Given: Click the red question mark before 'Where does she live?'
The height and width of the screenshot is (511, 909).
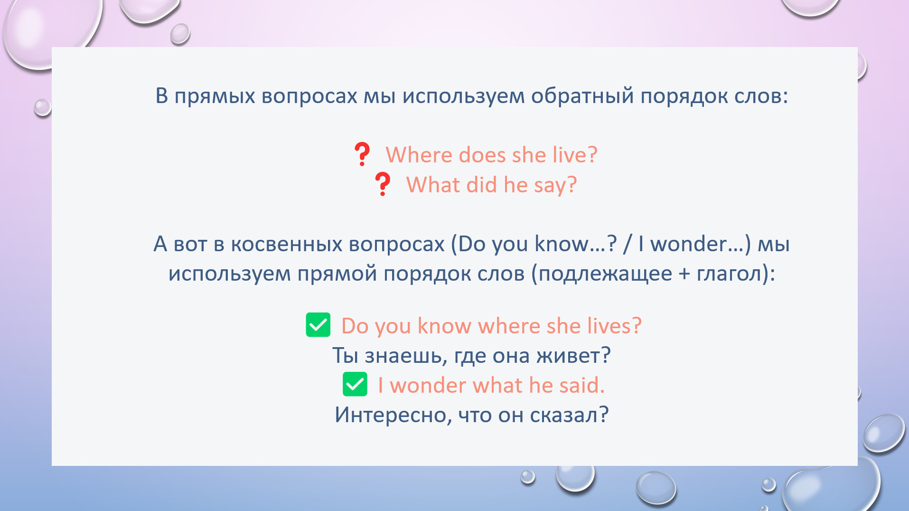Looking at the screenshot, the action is [362, 154].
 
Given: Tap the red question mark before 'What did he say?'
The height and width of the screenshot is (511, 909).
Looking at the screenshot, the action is [383, 184].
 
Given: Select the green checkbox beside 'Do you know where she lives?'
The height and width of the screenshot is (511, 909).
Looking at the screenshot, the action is [318, 325].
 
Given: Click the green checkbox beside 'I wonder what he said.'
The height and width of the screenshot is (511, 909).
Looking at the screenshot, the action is [355, 384].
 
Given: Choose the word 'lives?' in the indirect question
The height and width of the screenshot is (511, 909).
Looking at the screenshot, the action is [615, 326].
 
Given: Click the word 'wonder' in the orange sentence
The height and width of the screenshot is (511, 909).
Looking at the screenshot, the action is [428, 385].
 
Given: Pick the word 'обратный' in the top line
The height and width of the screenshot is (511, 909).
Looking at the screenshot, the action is [582, 96].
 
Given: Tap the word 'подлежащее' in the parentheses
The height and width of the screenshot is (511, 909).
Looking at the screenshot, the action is [605, 274].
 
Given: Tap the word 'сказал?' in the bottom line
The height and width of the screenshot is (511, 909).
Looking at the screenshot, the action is [569, 415].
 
